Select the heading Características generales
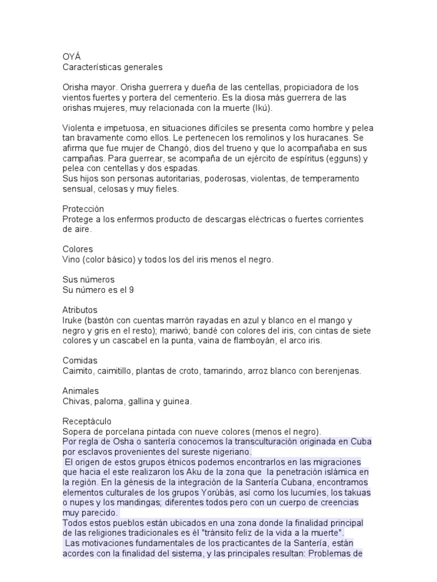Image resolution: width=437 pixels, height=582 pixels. [112, 67]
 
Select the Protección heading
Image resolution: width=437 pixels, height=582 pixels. [83, 210]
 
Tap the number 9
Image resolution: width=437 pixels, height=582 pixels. [132, 290]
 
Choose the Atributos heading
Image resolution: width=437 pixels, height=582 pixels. [80, 310]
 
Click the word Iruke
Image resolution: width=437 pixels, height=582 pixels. [73, 321]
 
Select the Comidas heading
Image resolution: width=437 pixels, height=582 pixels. [80, 361]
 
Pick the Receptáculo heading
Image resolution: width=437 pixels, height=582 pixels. [87, 422]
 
